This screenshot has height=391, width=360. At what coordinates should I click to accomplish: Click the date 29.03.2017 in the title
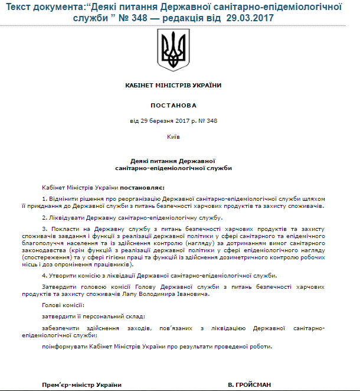pyautogui.click(x=251, y=18)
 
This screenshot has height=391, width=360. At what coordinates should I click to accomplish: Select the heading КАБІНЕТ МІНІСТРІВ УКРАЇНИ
pyautogui.click(x=173, y=85)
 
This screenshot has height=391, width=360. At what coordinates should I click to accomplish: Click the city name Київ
pyautogui.click(x=173, y=136)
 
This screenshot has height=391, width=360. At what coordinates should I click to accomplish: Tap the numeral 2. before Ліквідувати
pyautogui.click(x=44, y=218)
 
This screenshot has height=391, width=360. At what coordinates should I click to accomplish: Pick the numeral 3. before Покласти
pyautogui.click(x=44, y=229)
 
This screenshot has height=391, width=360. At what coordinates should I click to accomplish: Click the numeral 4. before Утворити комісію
pyautogui.click(x=44, y=276)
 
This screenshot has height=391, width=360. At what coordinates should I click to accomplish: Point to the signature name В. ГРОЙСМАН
pyautogui.click(x=250, y=385)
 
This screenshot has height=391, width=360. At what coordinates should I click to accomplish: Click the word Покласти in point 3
pyautogui.click(x=64, y=229)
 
